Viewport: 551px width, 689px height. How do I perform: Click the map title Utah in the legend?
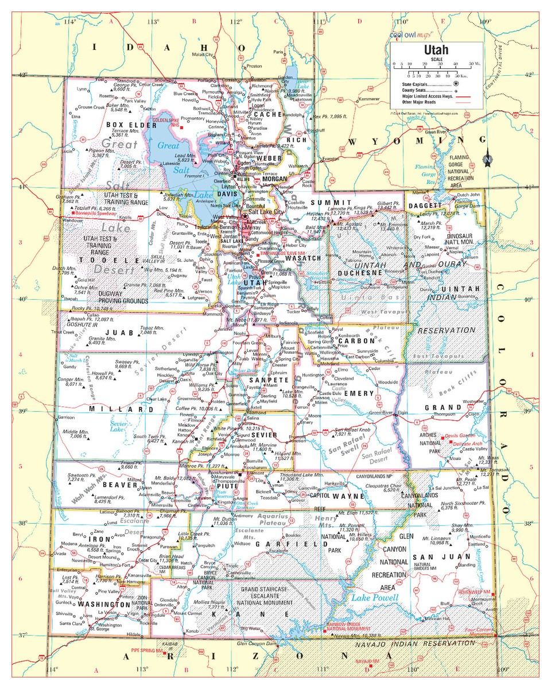pyautogui.click(x=437, y=50)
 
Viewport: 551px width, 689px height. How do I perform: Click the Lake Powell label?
pyautogui.click(x=374, y=598)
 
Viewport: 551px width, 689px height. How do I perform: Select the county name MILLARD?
pyautogui.click(x=121, y=409)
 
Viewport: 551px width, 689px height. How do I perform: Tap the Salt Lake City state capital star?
pyautogui.click(x=246, y=216)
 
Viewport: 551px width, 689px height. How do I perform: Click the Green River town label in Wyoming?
pyautogui.click(x=437, y=131)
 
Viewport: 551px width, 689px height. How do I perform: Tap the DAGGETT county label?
pyautogui.click(x=425, y=205)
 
